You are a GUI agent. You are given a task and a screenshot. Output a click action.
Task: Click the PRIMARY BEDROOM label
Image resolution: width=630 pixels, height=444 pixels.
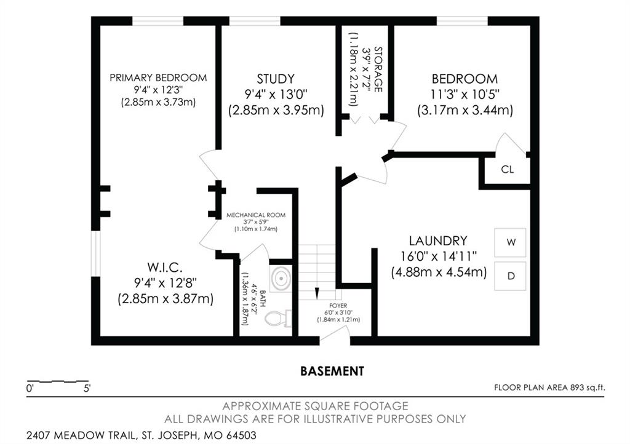(x=158, y=77)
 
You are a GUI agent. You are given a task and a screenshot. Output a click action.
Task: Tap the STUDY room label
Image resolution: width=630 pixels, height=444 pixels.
(x=276, y=79)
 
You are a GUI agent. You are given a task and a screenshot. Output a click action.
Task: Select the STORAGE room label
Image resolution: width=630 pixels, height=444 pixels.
(x=378, y=69)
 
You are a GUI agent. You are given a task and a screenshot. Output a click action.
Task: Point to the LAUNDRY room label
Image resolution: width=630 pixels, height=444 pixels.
(x=438, y=241)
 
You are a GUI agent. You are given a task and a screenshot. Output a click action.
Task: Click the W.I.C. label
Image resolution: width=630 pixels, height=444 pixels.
(x=165, y=267)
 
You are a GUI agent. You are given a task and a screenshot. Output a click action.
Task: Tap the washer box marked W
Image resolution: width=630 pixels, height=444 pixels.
(x=510, y=242)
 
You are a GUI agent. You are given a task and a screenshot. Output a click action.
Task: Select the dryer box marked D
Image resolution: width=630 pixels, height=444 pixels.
(x=510, y=276)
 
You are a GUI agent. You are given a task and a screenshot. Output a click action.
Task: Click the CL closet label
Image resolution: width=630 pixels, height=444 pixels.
(x=508, y=169)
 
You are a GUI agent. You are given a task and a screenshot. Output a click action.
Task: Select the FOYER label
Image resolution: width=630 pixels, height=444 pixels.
(x=338, y=306)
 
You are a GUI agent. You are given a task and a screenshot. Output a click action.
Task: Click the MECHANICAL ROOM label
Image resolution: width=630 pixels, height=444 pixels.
(x=256, y=215)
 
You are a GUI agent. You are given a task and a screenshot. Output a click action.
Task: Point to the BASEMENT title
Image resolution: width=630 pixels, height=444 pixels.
(x=332, y=371)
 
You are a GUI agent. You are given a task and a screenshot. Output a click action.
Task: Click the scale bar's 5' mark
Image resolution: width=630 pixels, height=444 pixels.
(x=87, y=389)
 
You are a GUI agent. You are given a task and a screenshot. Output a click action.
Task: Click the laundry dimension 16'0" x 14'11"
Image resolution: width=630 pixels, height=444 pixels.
(x=438, y=256)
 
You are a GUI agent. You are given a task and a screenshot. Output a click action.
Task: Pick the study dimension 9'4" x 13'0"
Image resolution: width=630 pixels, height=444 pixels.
(x=276, y=95)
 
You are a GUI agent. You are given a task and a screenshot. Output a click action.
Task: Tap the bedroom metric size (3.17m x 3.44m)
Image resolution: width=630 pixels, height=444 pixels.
(x=465, y=110)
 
